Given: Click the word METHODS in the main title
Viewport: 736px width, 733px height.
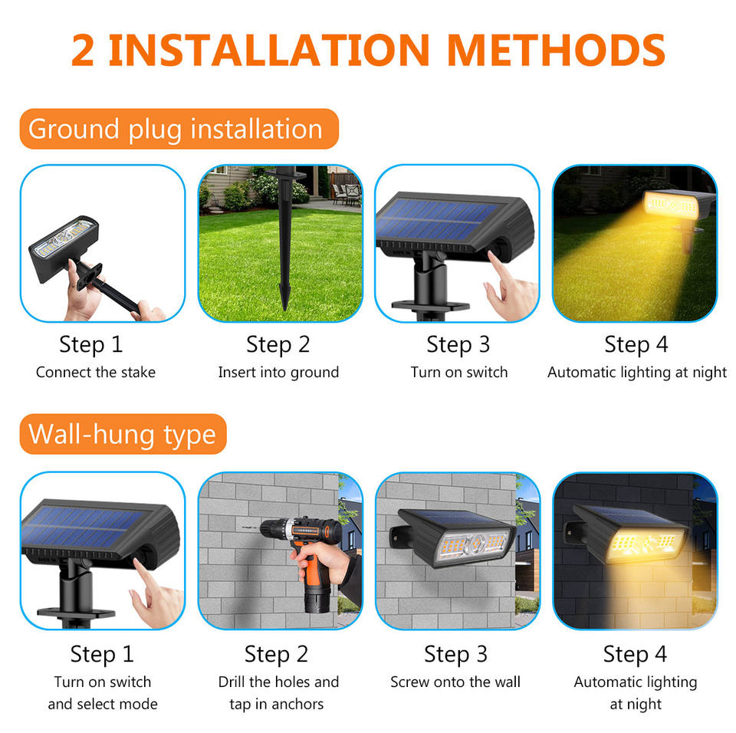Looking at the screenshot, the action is coord(557,50).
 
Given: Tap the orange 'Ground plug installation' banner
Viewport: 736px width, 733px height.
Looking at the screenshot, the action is coord(179,129).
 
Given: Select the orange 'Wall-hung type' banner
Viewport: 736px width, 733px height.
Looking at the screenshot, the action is coord(123,434).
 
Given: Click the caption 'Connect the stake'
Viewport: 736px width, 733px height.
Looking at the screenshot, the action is coord(96,373).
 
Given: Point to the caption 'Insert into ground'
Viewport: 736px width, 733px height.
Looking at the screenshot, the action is coord(278,373).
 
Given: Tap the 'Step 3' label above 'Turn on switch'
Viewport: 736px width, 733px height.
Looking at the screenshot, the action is coord(458,345).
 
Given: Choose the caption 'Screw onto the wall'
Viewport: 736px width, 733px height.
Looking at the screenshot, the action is coord(455,682).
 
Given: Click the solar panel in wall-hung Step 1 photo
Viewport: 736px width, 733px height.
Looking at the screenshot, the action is coord(85,528).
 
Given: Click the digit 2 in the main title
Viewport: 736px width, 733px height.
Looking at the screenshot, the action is coord(83,51).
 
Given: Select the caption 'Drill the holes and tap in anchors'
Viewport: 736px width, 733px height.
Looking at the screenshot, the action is coord(278,692).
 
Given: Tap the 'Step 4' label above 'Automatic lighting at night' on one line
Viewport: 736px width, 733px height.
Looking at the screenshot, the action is coord(636,345).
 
